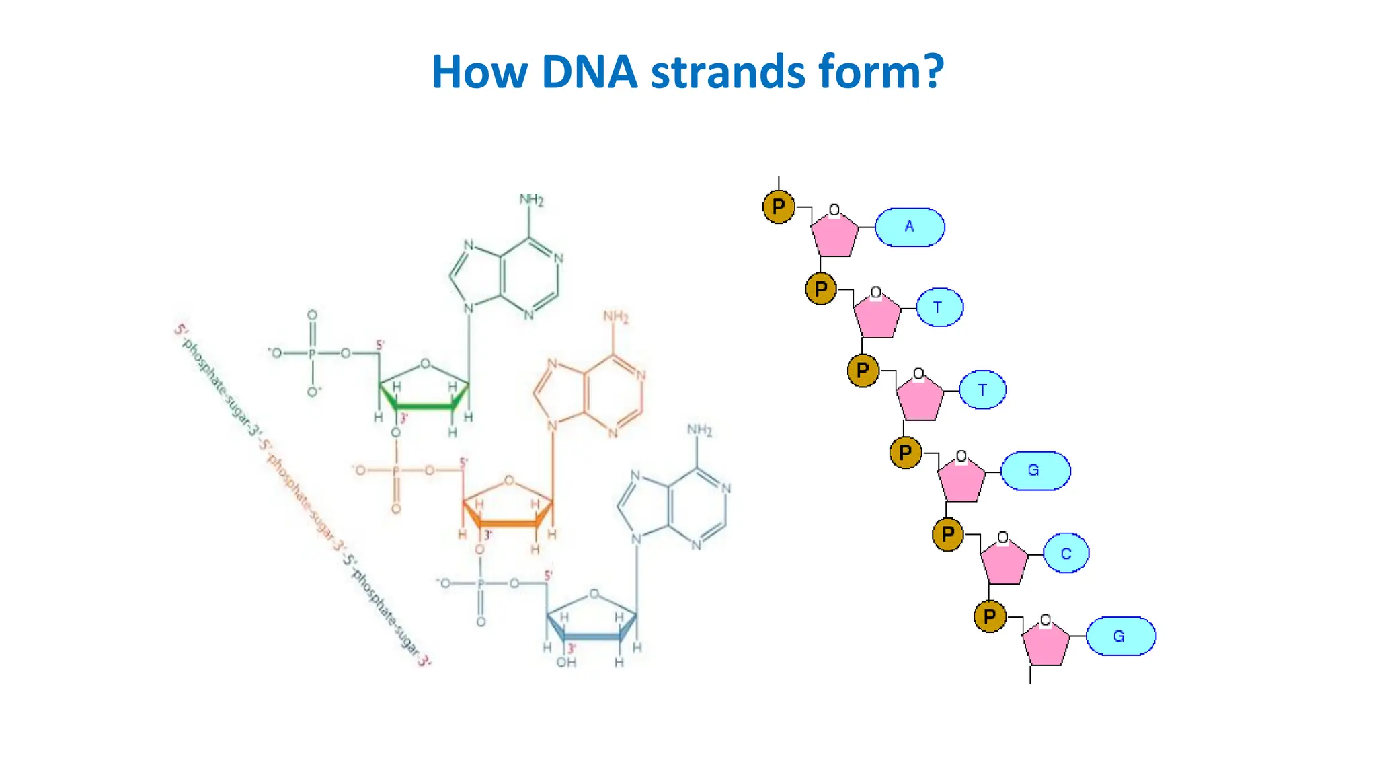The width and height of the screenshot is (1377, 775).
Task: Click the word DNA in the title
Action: (589, 72)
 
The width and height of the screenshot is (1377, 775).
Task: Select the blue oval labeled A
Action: (909, 227)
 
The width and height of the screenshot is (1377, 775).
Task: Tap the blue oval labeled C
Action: (1066, 553)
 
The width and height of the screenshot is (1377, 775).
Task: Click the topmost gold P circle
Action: (779, 207)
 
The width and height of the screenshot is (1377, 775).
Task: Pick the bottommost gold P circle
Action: (990, 616)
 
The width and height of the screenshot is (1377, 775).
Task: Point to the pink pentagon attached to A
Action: (834, 235)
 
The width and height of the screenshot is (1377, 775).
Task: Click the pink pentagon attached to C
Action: (1004, 564)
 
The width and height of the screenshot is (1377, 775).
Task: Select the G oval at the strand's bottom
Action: (1120, 636)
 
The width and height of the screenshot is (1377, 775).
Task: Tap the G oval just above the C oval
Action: (1035, 470)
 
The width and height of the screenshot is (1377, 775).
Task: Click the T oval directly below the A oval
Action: (939, 307)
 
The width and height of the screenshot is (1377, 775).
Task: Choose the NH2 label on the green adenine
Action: (531, 200)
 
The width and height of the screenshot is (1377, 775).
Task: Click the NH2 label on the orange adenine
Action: (615, 316)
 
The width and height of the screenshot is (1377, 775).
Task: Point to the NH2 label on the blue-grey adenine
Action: (699, 430)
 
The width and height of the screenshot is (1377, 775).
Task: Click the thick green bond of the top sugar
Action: (424, 406)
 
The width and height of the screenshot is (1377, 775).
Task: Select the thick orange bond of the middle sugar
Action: (508, 523)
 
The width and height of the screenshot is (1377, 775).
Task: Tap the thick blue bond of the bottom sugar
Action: (592, 636)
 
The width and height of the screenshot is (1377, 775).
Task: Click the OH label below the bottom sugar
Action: (566, 663)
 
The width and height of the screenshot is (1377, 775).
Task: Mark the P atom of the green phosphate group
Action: (312, 353)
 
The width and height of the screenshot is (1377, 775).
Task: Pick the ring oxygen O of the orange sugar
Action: (509, 480)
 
